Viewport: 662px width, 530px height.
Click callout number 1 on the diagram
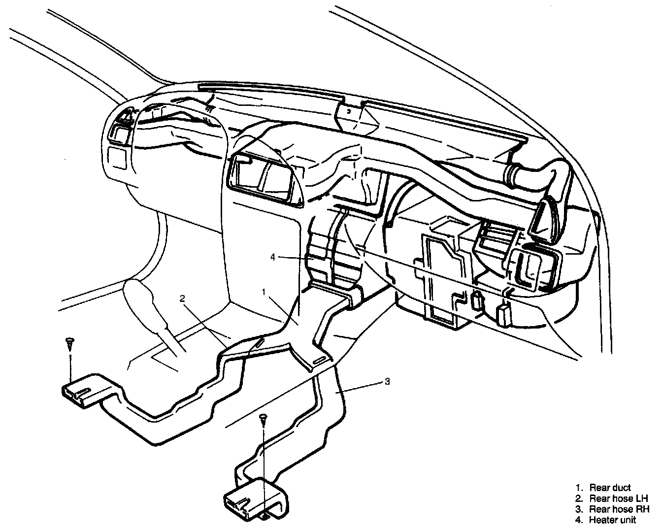[x=264, y=293]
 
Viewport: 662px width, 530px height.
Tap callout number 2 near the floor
[x=182, y=299]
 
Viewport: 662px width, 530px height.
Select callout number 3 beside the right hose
[x=388, y=381]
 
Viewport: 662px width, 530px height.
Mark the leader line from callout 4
[x=293, y=257]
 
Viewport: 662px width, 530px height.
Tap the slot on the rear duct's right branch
[x=319, y=361]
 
